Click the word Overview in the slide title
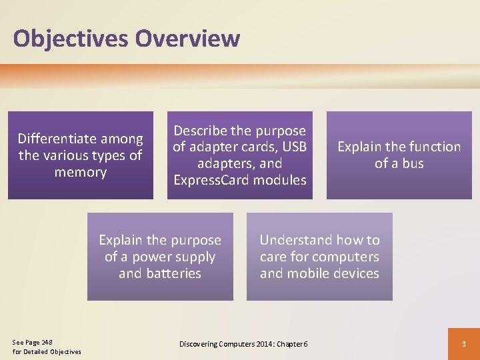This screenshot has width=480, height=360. (x=187, y=39)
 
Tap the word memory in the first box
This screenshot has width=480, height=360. (x=81, y=172)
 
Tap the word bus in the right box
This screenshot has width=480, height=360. (x=412, y=163)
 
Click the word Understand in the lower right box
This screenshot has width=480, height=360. (x=296, y=240)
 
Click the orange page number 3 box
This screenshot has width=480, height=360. (x=464, y=343)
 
